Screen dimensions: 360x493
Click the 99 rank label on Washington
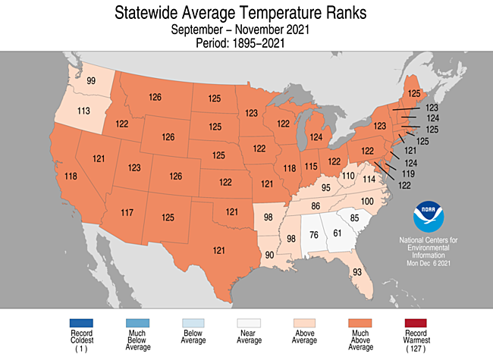[x=91, y=81]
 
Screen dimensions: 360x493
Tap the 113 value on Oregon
[x=84, y=111]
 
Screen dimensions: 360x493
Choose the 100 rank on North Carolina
[x=366, y=201]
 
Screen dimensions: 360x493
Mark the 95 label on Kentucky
[x=326, y=187]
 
